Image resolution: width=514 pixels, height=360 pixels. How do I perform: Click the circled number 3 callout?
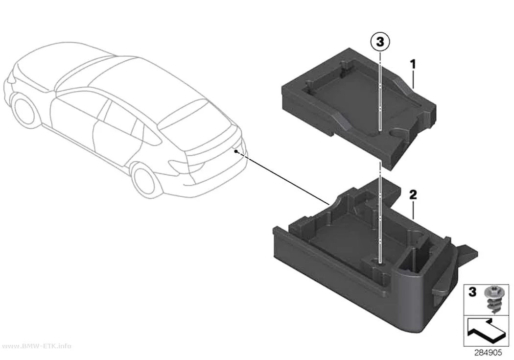[x=380, y=42]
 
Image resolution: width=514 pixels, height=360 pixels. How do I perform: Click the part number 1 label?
[x=413, y=64]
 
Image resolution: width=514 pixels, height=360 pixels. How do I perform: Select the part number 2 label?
[x=413, y=195]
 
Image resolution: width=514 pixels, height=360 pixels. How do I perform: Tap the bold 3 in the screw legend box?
[x=472, y=292]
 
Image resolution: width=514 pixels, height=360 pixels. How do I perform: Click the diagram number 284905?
[x=488, y=353]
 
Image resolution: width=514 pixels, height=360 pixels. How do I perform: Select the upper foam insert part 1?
[x=359, y=108]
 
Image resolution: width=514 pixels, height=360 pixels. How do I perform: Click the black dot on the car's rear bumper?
[x=235, y=151]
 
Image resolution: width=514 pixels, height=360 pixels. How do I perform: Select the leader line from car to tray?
[x=283, y=178]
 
